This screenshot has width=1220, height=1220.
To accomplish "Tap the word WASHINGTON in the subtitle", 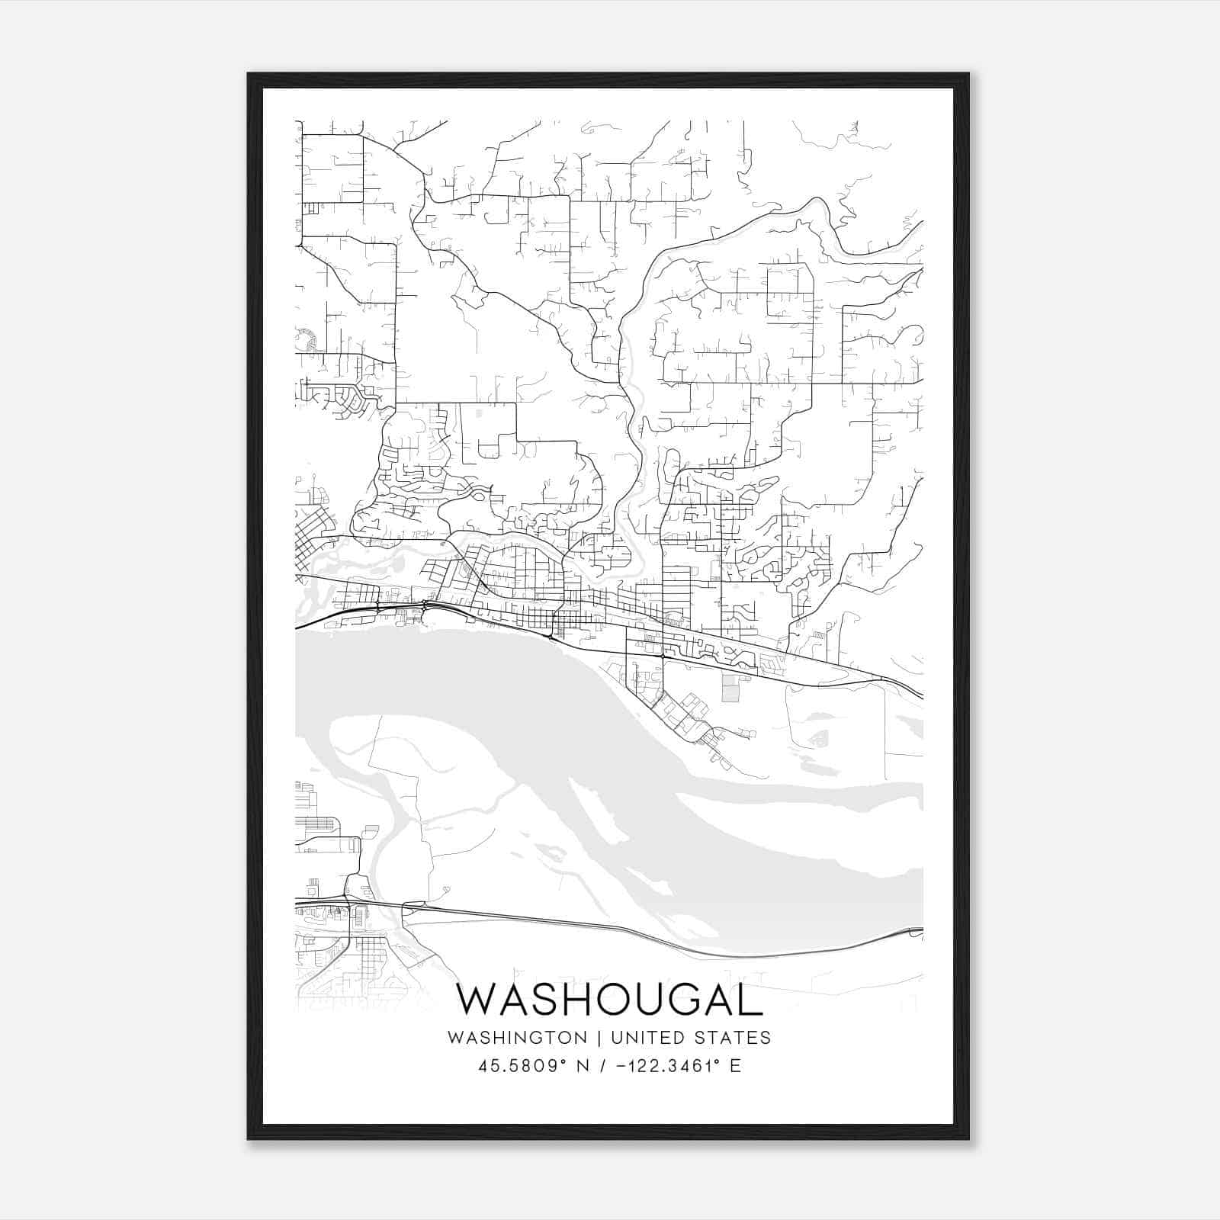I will tap(518, 1038).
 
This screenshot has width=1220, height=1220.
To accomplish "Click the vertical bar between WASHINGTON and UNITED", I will tap(599, 1038).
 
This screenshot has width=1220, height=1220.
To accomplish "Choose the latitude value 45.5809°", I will tap(523, 1065).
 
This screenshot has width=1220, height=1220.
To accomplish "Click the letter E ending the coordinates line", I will tap(735, 1065).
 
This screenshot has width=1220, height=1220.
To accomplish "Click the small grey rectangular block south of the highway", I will tap(731, 688).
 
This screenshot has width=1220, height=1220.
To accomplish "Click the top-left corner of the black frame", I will tap(249, 74).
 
